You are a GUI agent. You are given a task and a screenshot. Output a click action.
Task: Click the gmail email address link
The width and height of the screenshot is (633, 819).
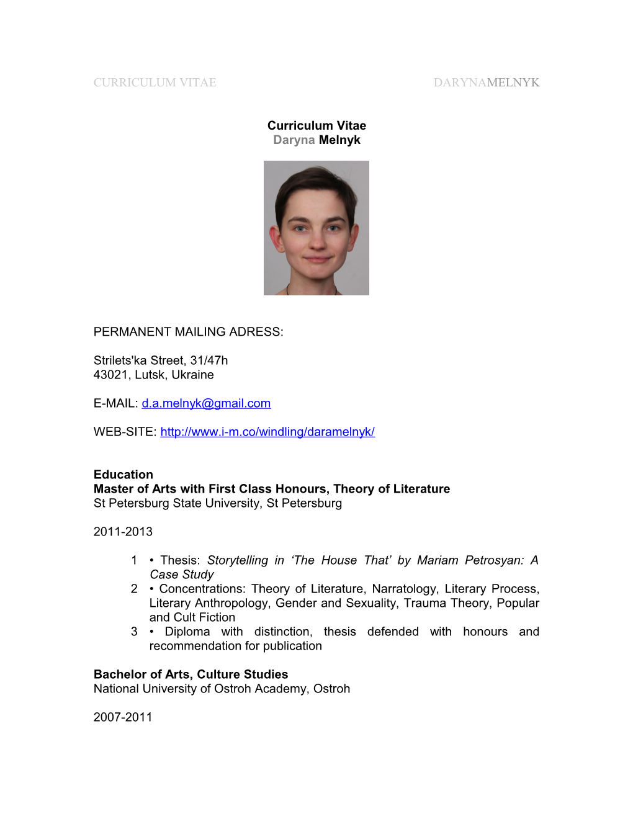[x=206, y=403]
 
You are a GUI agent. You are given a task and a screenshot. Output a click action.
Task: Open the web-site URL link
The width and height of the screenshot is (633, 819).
[x=267, y=432]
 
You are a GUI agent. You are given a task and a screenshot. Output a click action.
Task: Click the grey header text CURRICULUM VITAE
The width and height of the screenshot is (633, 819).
[x=155, y=83]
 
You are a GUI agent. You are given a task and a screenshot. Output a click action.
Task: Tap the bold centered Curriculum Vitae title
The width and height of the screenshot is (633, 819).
[x=316, y=126]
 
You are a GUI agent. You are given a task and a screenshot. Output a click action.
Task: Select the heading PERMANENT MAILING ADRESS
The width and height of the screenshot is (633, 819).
[x=188, y=332]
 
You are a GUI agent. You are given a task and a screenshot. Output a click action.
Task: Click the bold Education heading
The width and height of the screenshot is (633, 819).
[x=123, y=475]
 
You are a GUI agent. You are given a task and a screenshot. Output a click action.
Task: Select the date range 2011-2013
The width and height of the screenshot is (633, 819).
[x=123, y=532]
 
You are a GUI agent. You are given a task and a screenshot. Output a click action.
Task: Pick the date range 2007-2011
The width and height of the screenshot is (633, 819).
[x=123, y=717]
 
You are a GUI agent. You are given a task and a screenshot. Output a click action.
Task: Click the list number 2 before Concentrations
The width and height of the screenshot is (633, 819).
[x=134, y=589]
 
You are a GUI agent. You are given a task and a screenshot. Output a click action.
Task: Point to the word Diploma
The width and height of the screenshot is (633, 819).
[x=187, y=632]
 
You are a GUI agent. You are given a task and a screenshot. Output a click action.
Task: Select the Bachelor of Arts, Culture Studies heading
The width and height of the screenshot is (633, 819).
[x=191, y=674]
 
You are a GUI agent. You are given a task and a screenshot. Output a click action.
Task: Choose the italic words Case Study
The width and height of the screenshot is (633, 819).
[x=181, y=575]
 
